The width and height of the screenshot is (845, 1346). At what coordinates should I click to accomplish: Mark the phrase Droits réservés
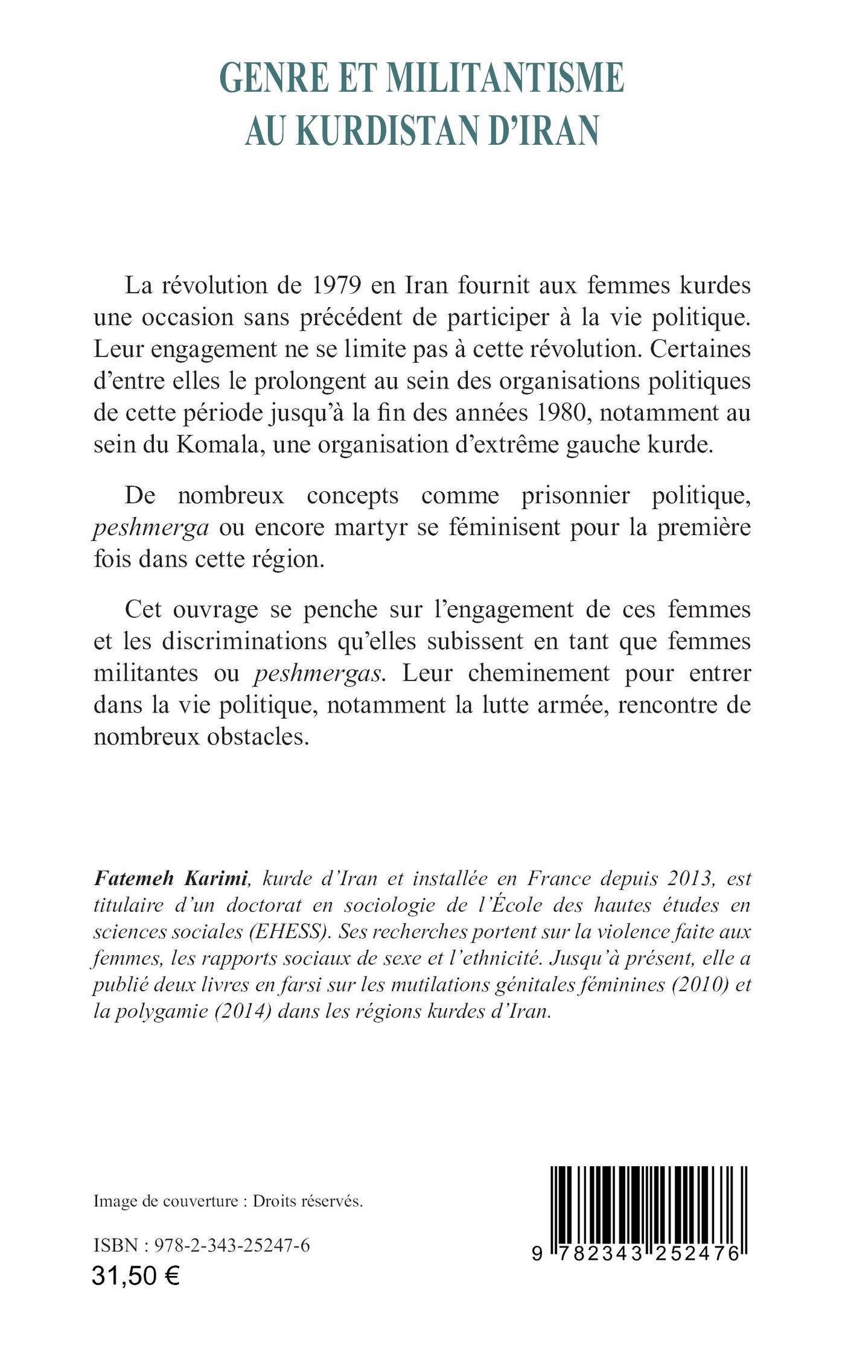click(x=308, y=1201)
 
